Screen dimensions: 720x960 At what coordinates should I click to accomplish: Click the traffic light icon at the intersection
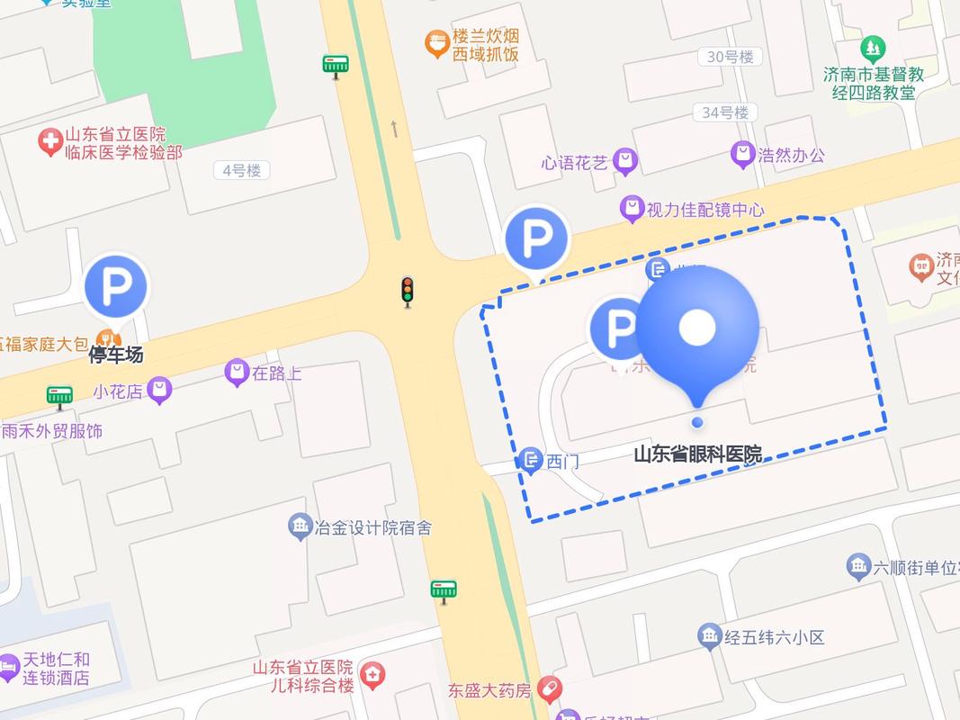click(408, 290)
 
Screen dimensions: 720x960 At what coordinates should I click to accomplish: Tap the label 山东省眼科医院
click(697, 454)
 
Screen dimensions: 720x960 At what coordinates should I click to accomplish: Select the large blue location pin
click(697, 330)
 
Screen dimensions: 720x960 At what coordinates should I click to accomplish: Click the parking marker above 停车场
click(116, 287)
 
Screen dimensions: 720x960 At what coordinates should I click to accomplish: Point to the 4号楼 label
click(242, 170)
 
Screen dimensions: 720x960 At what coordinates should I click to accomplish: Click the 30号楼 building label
click(730, 57)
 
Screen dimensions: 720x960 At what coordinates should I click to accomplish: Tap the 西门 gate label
click(562, 462)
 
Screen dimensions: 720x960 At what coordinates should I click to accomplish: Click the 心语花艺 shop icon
click(625, 162)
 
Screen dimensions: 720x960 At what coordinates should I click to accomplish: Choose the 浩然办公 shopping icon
click(743, 155)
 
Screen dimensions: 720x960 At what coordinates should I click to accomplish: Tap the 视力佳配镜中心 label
click(705, 210)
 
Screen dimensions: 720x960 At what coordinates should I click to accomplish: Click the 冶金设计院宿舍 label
click(372, 527)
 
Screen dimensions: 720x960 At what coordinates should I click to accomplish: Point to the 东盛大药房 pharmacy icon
click(550, 690)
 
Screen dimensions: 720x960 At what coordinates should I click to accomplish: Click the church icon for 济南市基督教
click(872, 49)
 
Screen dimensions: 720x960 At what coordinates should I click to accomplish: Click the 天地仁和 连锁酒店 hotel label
click(56, 668)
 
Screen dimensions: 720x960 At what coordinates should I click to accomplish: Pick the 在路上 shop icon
click(237, 372)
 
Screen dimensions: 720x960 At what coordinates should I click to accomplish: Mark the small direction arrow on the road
click(394, 129)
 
